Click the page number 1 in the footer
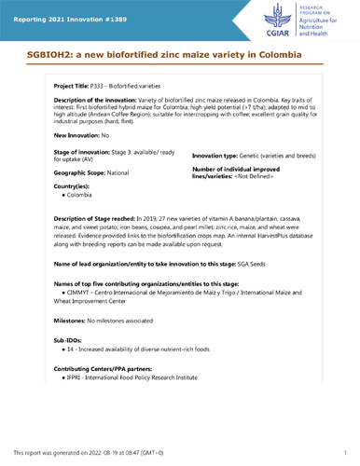click(x=344, y=452)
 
